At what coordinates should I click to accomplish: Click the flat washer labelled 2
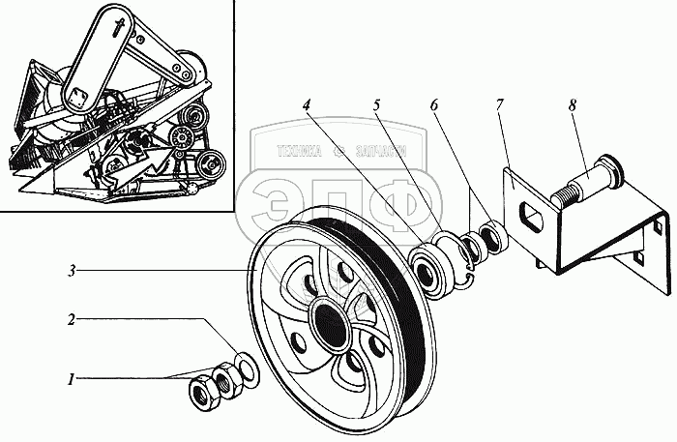pos(247,368)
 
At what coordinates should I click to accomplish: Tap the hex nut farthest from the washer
pos(203,393)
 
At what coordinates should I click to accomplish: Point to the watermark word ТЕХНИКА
pos(299,151)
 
